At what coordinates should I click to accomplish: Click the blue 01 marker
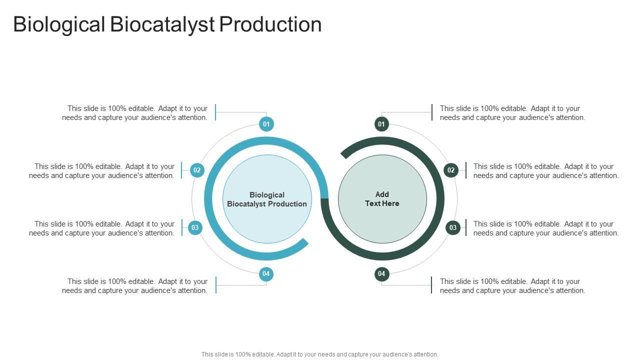[266, 124]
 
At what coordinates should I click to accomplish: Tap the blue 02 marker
[197, 170]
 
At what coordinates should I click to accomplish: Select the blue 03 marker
[195, 227]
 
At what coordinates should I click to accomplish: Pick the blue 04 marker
[266, 273]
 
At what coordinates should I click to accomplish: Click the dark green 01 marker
[381, 124]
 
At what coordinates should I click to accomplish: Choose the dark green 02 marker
[451, 170]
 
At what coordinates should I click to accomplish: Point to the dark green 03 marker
[452, 227]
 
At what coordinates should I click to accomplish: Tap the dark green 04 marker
[381, 273]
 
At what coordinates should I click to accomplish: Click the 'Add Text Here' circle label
[382, 199]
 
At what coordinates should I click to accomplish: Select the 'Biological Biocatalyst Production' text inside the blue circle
[267, 199]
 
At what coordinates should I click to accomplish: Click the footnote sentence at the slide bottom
[320, 354]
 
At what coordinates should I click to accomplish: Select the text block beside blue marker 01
[135, 113]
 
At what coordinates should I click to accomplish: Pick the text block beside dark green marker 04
[512, 286]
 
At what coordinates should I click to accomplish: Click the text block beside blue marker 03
[102, 228]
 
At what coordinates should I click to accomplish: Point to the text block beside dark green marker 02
[546, 171]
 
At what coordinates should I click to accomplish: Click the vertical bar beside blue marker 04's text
[216, 285]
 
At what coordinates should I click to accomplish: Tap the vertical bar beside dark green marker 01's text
[432, 112]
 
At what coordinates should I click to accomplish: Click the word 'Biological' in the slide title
[59, 24]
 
